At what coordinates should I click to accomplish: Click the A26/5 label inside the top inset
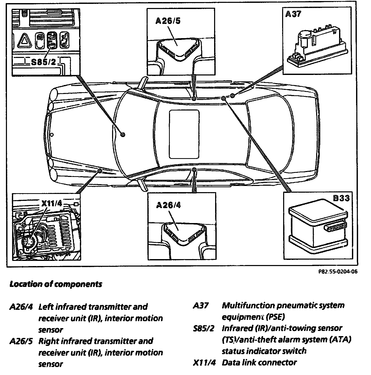168,21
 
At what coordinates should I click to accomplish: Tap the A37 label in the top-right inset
293,14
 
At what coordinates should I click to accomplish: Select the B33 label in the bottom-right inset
341,198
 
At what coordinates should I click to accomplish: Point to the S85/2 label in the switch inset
43,62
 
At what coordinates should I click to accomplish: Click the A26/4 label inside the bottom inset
168,205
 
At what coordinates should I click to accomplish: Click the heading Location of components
56,284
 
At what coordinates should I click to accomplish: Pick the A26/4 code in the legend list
21,307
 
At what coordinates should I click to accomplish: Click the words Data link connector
259,363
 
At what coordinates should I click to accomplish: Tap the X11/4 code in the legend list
204,363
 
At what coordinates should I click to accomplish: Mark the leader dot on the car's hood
123,134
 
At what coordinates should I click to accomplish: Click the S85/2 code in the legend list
204,329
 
